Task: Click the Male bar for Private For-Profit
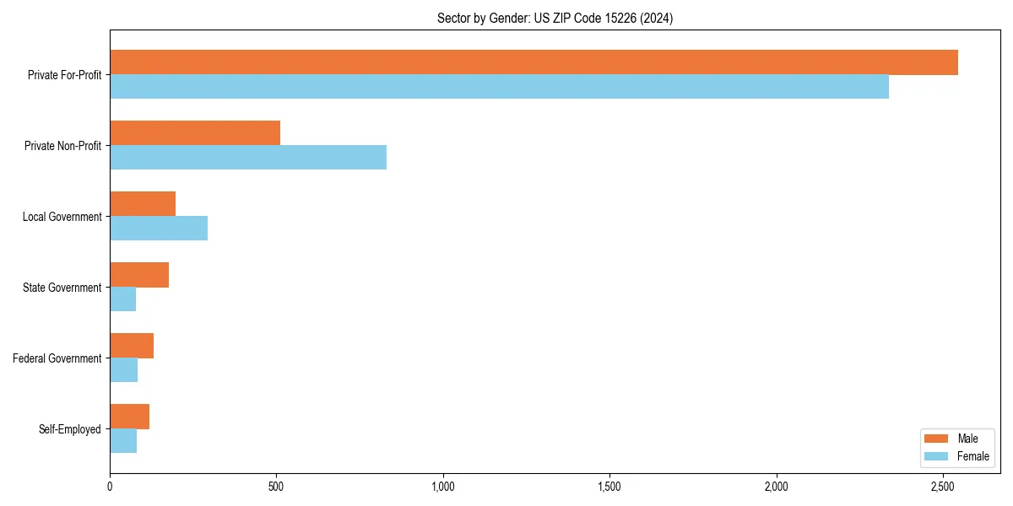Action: pyautogui.click(x=534, y=62)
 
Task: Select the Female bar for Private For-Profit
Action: pyautogui.click(x=499, y=87)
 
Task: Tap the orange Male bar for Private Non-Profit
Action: pyautogui.click(x=195, y=133)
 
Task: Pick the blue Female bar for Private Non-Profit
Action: pyautogui.click(x=248, y=158)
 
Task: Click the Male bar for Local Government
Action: pyautogui.click(x=143, y=204)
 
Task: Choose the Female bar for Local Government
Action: pyautogui.click(x=159, y=229)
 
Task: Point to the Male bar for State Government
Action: pyautogui.click(x=139, y=275)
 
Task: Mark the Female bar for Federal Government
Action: pyautogui.click(x=124, y=370)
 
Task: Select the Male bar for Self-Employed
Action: pyautogui.click(x=130, y=417)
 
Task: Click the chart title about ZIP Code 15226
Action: pyautogui.click(x=555, y=18)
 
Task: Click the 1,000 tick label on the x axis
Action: pyautogui.click(x=442, y=487)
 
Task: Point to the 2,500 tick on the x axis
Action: pyautogui.click(x=943, y=487)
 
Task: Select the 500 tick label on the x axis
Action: pyautogui.click(x=276, y=487)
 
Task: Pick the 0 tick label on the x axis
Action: pyautogui.click(x=110, y=487)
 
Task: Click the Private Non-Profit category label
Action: pyautogui.click(x=62, y=146)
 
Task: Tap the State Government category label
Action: pyautogui.click(x=62, y=288)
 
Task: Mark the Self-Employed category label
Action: pyautogui.click(x=69, y=429)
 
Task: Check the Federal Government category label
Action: pyautogui.click(x=57, y=358)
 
